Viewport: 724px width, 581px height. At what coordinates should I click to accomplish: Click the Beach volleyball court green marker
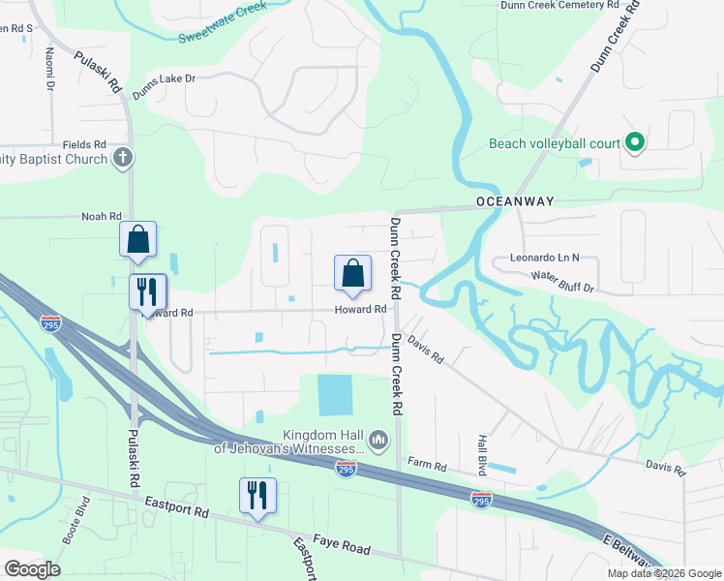635,144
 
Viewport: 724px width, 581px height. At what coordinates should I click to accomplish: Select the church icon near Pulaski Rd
122,158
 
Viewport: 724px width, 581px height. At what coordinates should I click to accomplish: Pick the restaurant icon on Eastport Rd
257,496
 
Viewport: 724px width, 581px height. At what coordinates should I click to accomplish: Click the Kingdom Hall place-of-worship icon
378,442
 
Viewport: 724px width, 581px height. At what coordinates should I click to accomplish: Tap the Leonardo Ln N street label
544,259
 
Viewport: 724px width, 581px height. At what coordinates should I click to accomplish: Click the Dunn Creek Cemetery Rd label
558,5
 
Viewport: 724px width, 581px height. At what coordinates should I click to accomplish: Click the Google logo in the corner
32,569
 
